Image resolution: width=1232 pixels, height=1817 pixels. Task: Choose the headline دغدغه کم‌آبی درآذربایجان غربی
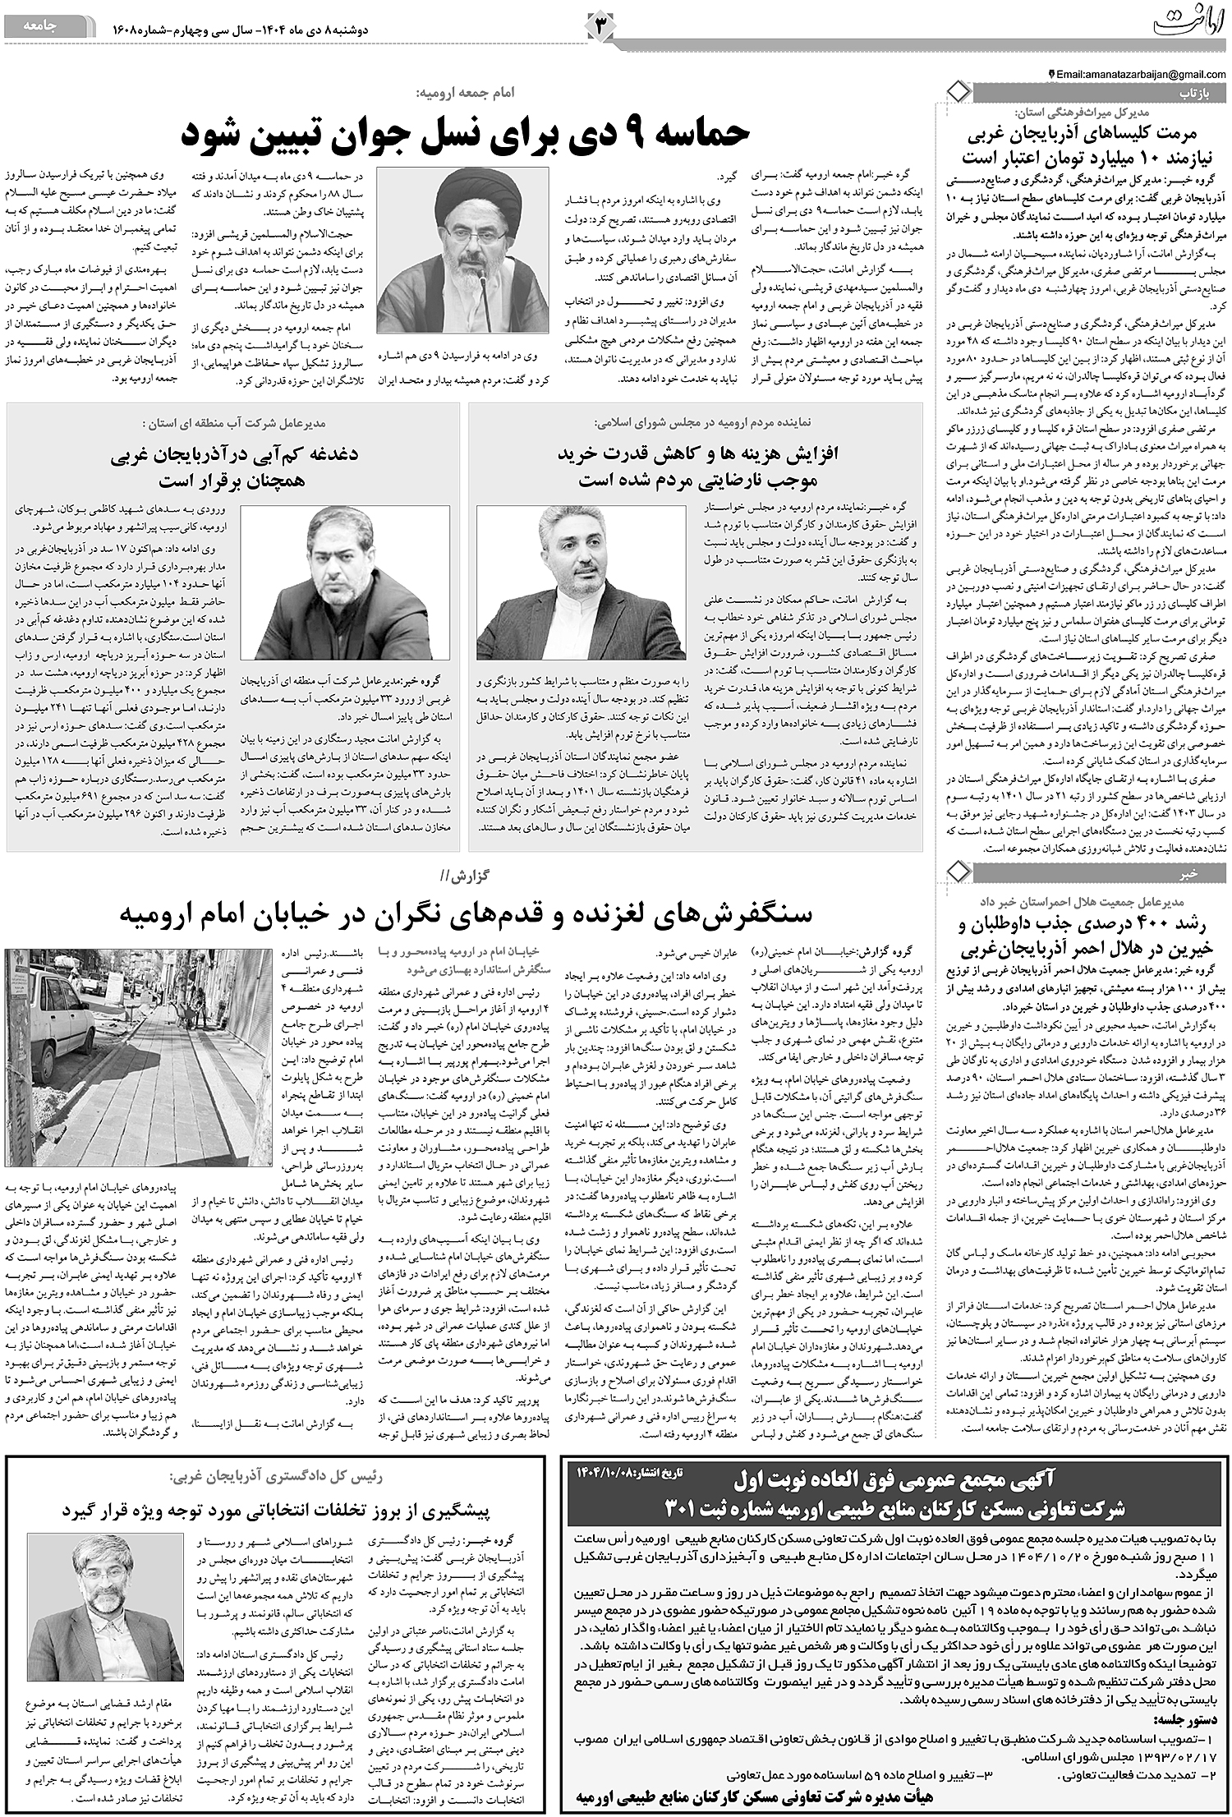(233, 467)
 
